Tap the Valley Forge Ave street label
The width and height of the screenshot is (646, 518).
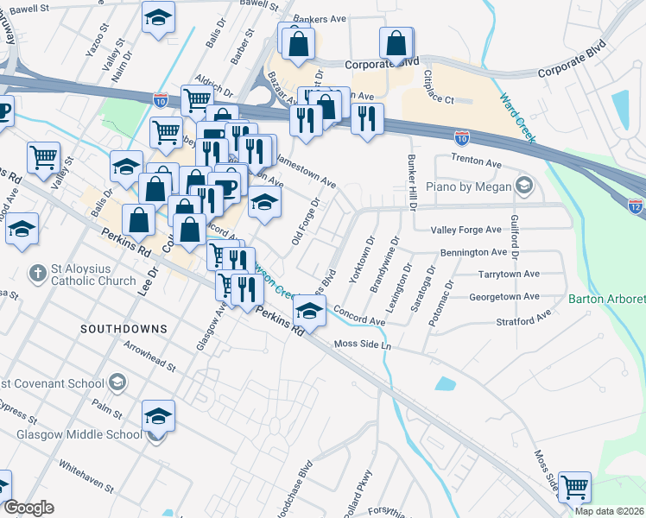tap(466, 230)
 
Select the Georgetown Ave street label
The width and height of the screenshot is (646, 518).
tap(504, 297)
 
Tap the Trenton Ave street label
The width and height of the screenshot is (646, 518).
tap(476, 161)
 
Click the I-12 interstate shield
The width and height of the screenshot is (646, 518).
tap(635, 206)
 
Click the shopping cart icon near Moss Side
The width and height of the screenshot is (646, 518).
tap(574, 486)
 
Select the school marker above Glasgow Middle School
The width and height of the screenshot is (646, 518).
tap(158, 415)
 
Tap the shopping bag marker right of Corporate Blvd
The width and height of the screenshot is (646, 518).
tap(396, 43)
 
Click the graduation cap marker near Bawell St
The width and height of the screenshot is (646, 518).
tap(158, 20)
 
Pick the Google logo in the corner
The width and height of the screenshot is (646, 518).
tap(28, 508)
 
